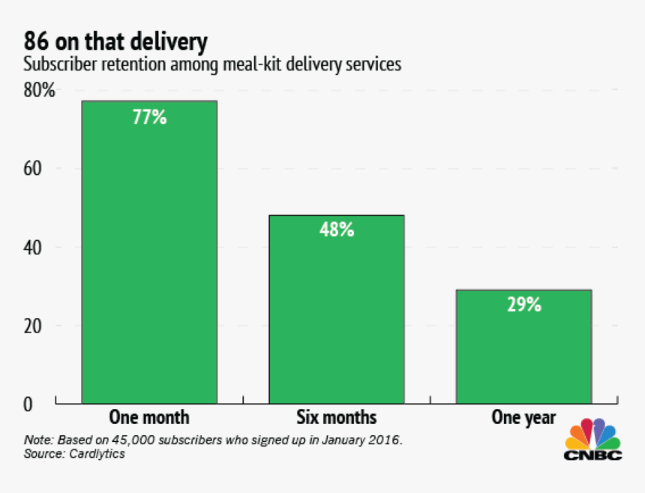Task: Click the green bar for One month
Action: [149, 252]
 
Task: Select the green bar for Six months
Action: [337, 309]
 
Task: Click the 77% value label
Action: [149, 117]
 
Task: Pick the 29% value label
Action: [523, 305]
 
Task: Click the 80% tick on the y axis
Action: [39, 92]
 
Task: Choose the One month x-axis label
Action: [149, 417]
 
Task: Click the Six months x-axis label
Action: [337, 417]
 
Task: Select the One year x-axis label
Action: [523, 417]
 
